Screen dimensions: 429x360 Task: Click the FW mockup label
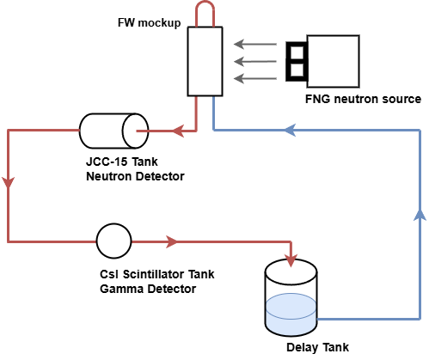tap(149, 22)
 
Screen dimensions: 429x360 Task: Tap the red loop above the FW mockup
tap(205, 3)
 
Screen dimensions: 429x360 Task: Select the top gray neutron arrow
tap(255, 44)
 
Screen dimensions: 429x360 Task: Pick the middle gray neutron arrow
tap(255, 61)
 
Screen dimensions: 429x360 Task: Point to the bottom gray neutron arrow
tap(255, 78)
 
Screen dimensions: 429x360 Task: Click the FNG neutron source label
tap(363, 99)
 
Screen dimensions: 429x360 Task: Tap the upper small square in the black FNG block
tap(297, 52)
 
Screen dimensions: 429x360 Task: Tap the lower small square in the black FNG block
tap(297, 70)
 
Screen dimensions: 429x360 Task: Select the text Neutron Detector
tap(135, 176)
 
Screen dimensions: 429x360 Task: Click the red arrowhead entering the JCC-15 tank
tap(178, 131)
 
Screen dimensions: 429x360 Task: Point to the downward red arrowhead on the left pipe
tap(9, 183)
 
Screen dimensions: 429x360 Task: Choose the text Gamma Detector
tap(148, 289)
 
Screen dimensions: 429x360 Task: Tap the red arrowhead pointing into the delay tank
tap(291, 260)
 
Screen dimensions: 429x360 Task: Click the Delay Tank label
tap(317, 347)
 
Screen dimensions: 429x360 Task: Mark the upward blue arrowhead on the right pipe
tap(420, 215)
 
